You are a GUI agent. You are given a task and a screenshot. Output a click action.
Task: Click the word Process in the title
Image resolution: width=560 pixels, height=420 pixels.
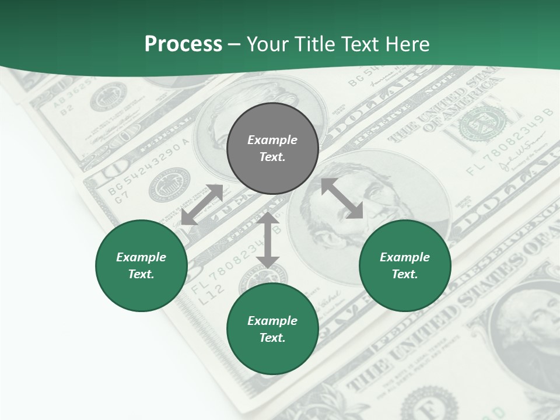[183, 44]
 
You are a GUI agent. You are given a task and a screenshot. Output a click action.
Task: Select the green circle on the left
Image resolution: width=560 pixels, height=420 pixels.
[141, 265]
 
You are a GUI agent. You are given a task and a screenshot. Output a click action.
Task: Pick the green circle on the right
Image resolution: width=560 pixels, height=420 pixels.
[405, 265]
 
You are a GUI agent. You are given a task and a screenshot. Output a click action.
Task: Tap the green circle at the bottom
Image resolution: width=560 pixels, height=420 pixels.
[272, 329]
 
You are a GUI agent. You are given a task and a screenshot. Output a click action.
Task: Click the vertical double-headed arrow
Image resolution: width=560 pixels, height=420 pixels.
[268, 240]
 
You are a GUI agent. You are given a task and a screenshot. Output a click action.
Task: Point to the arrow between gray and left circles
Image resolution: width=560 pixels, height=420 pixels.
[202, 205]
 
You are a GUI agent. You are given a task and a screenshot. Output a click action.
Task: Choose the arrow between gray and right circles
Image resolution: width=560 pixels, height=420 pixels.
[342, 198]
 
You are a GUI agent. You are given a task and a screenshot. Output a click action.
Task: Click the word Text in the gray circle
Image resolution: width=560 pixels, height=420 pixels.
[272, 157]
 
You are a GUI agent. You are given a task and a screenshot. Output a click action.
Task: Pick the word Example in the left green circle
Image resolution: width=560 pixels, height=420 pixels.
[141, 257]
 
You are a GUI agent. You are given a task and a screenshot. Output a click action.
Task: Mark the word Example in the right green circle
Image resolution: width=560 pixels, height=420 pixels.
[405, 257]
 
